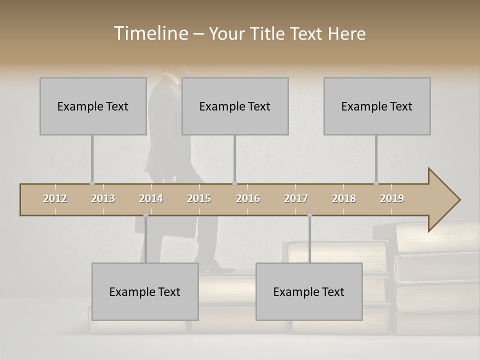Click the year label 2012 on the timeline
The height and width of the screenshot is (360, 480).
pyautogui.click(x=55, y=198)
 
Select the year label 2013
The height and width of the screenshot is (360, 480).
pyautogui.click(x=103, y=198)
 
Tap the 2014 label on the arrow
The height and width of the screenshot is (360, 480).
pyautogui.click(x=151, y=198)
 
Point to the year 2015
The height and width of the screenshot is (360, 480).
pyautogui.click(x=199, y=198)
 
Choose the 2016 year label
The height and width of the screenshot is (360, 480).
pyautogui.click(x=248, y=198)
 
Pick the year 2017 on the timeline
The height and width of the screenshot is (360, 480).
pyautogui.click(x=296, y=198)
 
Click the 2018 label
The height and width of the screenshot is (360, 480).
pyautogui.click(x=344, y=198)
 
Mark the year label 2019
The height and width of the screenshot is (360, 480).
pyautogui.click(x=392, y=198)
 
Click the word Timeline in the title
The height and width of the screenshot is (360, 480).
pyautogui.click(x=150, y=33)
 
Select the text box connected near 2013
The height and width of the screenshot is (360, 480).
pyautogui.click(x=93, y=106)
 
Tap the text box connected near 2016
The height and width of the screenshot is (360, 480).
pyautogui.click(x=235, y=106)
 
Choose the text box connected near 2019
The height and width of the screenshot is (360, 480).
pyautogui.click(x=377, y=106)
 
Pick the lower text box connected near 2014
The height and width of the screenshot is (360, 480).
pyautogui.click(x=145, y=291)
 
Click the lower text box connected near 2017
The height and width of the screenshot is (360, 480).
pyautogui.click(x=309, y=291)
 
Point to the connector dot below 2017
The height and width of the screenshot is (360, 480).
pyautogui.click(x=309, y=215)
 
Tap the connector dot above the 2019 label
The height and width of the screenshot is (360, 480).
pyautogui.click(x=376, y=183)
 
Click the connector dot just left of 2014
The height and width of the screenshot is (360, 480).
pyautogui.click(x=145, y=215)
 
